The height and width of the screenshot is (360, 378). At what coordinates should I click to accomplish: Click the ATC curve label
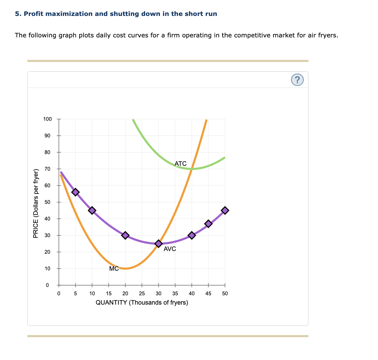(180, 163)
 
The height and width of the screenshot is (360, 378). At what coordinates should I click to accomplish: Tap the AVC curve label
(170, 249)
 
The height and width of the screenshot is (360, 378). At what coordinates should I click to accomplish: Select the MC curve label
(114, 268)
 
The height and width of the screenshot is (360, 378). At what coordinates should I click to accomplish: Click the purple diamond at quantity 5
(75, 192)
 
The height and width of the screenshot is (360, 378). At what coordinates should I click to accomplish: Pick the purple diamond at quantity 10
(92, 210)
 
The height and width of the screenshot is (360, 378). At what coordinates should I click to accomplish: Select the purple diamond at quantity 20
(125, 235)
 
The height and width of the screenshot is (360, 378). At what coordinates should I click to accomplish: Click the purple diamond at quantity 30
(159, 244)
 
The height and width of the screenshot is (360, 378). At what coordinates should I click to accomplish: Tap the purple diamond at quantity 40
(192, 235)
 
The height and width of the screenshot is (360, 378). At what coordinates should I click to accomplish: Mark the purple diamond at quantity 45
(208, 224)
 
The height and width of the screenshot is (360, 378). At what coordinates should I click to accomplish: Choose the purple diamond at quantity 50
(225, 210)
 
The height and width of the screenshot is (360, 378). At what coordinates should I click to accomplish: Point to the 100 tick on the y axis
(47, 119)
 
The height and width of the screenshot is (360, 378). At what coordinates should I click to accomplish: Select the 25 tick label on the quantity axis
(142, 294)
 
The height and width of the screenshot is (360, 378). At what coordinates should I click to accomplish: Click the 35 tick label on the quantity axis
(175, 294)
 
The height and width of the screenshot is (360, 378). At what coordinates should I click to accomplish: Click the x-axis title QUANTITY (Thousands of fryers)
(142, 303)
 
